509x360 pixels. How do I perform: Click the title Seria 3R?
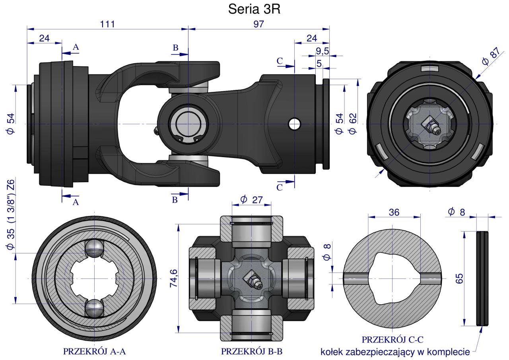pos(254,9)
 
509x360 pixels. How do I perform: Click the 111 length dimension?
pos(107,24)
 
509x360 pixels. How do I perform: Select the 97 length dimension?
pos(259,24)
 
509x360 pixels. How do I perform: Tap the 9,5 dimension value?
pos(322,51)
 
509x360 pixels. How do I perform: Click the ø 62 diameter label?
pos(352,124)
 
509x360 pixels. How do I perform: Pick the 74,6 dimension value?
pos(174,278)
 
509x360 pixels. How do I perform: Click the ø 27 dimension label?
pos(251,200)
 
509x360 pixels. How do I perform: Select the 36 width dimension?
pos(394,212)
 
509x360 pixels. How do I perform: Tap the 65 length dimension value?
pos(459,278)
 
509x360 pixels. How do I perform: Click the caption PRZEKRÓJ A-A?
pos(94,352)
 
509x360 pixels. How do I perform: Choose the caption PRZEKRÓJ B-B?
pos(252,352)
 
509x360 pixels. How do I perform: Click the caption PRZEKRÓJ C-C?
pos(392,340)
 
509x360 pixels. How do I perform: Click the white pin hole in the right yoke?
pos(294,124)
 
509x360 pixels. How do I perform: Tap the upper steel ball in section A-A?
pos(94,249)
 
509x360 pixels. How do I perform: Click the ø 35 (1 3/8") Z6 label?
pos(11,215)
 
